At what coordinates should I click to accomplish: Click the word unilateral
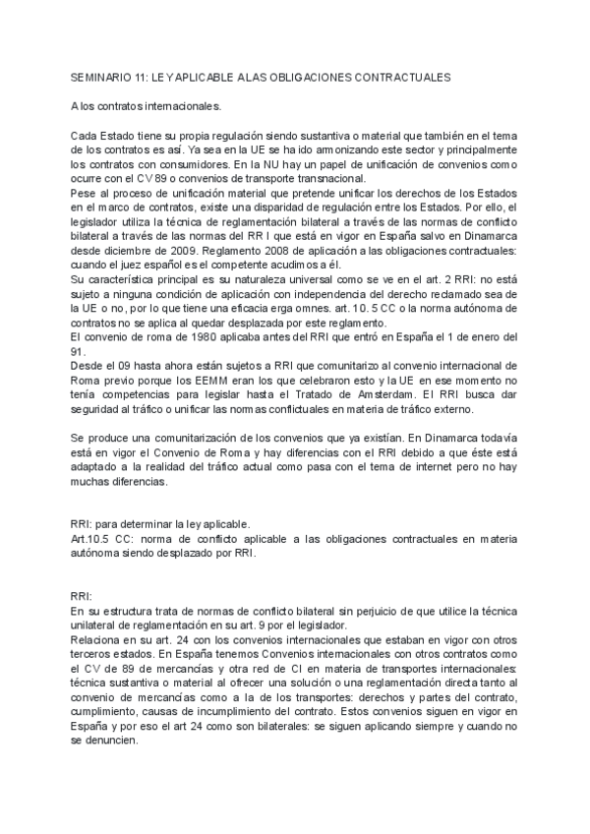96,626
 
